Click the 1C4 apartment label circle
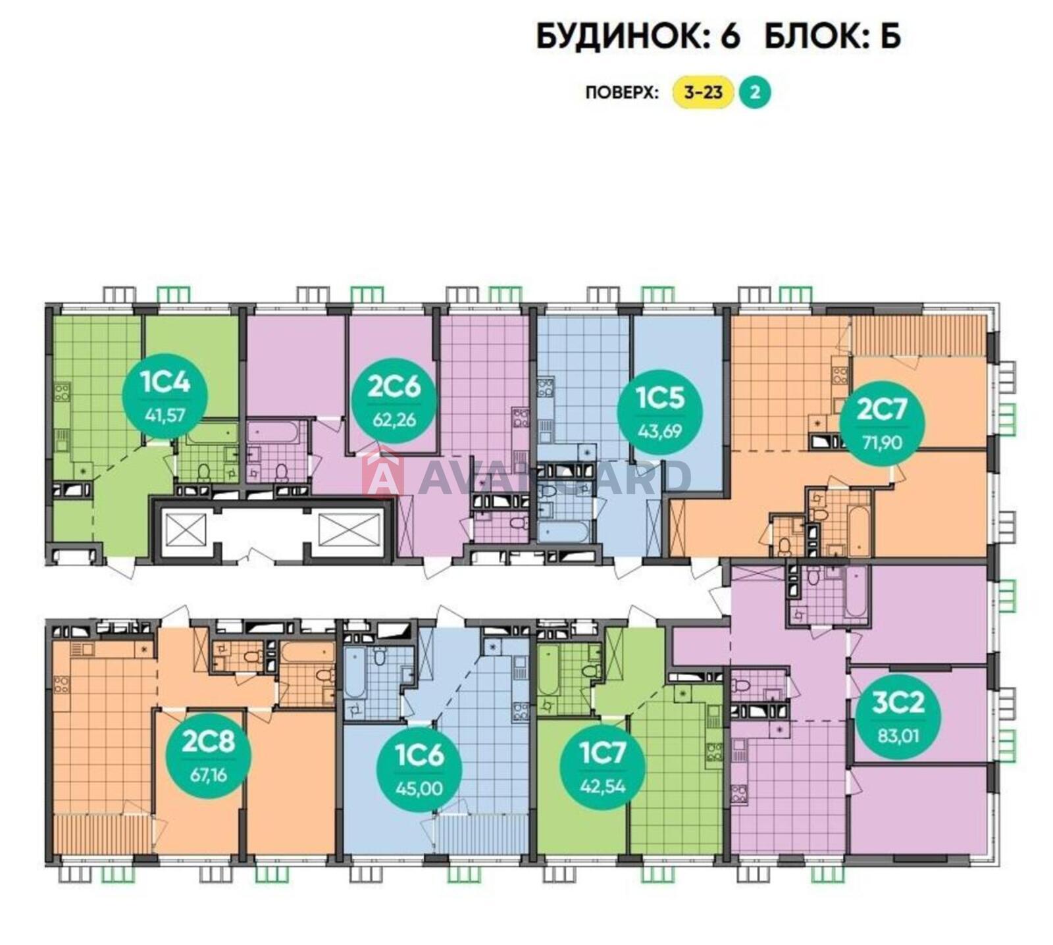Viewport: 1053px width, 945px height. [165, 396]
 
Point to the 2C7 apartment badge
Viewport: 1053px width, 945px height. [882, 424]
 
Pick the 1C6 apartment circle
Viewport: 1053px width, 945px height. [419, 769]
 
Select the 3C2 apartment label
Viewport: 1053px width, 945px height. [898, 717]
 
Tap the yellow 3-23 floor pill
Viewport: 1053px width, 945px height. [703, 92]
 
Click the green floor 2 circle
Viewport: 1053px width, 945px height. [755, 92]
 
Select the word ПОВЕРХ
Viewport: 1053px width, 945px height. [621, 93]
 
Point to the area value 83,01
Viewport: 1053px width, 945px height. [898, 734]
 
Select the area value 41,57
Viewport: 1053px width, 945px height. [165, 414]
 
